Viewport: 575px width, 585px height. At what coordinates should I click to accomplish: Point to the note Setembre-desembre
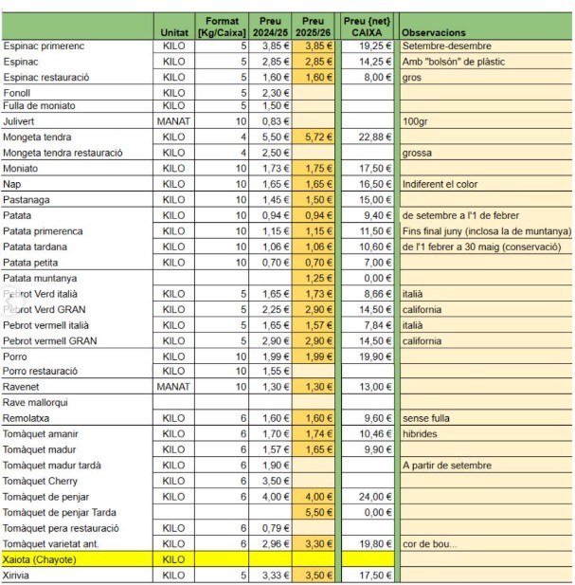click(x=441, y=46)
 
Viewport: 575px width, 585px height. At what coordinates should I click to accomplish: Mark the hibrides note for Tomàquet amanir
click(x=420, y=433)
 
